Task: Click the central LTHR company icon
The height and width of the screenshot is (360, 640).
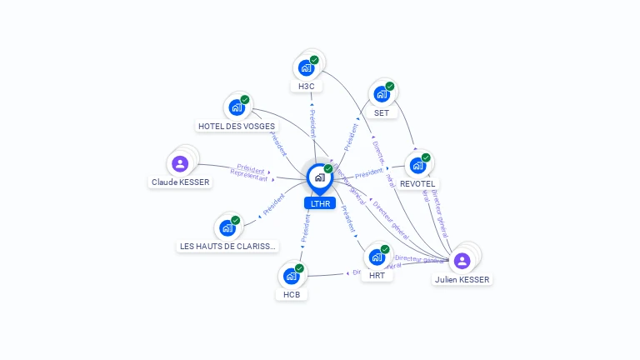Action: coord(319,177)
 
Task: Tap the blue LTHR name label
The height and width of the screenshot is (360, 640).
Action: coord(320,203)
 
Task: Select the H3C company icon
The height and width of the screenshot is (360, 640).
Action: coord(306,68)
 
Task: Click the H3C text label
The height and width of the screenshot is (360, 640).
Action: coord(306,86)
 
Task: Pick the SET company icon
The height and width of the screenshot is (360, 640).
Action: coord(382,94)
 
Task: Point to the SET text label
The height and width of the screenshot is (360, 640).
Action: coord(382,112)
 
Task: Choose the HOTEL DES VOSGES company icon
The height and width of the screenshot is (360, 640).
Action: coord(237,107)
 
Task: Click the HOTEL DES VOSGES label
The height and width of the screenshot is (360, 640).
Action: coord(237,127)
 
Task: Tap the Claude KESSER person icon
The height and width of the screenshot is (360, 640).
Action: coord(180,163)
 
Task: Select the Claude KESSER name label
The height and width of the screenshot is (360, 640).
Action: coord(181,182)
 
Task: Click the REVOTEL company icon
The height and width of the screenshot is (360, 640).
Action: coord(417,165)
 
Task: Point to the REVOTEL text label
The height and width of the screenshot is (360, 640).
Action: coord(417,183)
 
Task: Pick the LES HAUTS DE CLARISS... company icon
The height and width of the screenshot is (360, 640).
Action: coord(227,227)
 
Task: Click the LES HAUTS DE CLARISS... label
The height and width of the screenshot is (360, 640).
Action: coord(228,246)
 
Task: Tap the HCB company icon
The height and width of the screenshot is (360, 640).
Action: coord(291,276)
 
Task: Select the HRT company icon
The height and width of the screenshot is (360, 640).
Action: coord(377,257)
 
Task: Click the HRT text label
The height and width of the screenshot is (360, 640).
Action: coord(377,276)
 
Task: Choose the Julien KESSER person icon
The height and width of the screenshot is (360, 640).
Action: coord(462,261)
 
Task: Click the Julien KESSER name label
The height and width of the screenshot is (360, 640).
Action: coord(462,280)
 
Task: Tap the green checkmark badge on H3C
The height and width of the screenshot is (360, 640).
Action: coord(314,60)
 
